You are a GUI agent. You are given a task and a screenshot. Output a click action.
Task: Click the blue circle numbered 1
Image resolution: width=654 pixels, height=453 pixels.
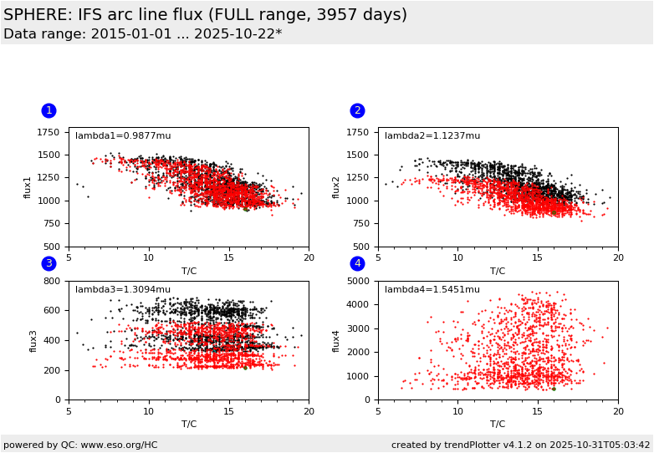[49, 110]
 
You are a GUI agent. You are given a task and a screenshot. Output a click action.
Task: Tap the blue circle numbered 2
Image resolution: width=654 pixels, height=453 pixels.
[357, 110]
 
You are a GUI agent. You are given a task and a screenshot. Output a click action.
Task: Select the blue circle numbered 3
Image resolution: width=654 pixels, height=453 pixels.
[49, 263]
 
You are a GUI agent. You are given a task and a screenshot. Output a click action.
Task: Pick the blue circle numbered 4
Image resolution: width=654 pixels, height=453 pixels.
[357, 263]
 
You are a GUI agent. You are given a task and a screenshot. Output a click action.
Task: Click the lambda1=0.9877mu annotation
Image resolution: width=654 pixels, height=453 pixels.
[123, 136]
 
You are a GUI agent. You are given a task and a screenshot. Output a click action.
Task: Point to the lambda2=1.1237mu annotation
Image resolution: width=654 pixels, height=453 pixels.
[432, 136]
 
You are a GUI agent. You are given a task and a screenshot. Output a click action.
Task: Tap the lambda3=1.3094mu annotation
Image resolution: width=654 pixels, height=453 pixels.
[123, 290]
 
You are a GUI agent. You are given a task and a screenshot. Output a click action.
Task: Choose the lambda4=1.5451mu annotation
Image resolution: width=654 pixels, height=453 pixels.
[432, 290]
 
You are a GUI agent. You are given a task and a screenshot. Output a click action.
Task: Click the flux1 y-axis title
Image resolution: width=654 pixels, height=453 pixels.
[27, 187]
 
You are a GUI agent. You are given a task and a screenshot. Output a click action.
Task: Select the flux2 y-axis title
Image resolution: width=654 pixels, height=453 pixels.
[336, 187]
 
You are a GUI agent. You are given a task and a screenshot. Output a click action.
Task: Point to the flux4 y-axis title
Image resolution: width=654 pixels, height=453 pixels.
[336, 340]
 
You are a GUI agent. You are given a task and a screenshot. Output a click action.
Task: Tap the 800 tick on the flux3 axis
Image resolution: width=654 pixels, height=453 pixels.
[52, 282]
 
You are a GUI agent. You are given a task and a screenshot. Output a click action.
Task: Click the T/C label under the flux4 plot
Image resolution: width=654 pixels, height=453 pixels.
[498, 424]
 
